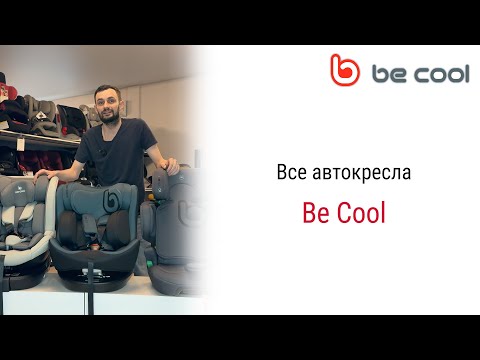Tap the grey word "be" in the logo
click(x=389, y=74)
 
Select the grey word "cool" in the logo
click(x=439, y=74)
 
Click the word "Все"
click(x=291, y=172)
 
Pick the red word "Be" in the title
click(x=314, y=213)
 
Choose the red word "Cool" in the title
click(x=361, y=213)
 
